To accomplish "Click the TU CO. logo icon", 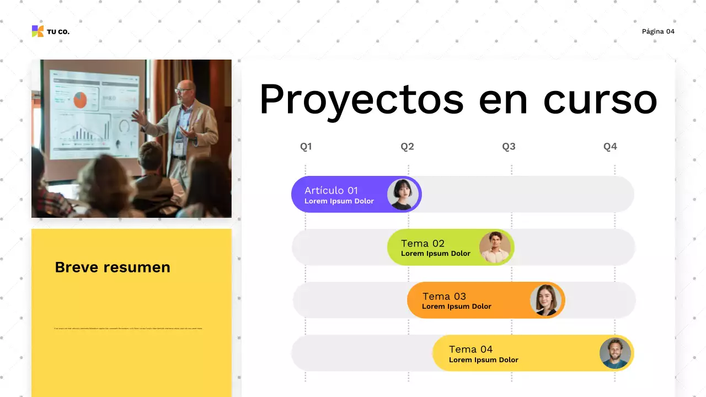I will coord(38,31).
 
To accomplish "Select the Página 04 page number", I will coord(658,31).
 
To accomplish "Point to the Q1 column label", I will coord(306,147).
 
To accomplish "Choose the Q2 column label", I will coord(408,147).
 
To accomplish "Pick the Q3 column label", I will coord(509,147).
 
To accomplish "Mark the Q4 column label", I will coord(610,147).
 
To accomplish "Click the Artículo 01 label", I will coord(331,190).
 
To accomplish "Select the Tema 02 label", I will coord(422,243).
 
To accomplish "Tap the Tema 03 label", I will coord(444,296).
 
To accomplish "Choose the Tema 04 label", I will coord(470,349).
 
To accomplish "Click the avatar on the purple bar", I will coord(403,195).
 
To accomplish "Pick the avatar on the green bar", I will coord(495,247).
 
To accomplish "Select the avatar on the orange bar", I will coord(545,300).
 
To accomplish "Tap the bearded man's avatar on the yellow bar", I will coord(615,353).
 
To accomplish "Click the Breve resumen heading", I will coord(113,267).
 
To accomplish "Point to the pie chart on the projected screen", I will coord(81,100).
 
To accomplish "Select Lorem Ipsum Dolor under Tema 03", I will coord(456,307).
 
